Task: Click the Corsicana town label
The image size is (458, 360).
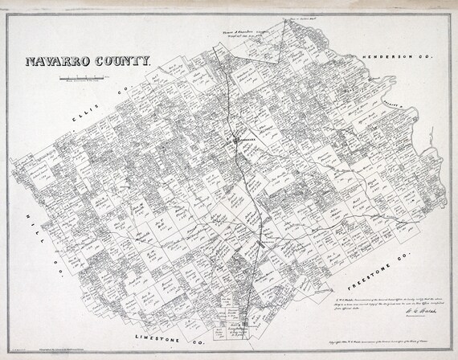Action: [x=246, y=137]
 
